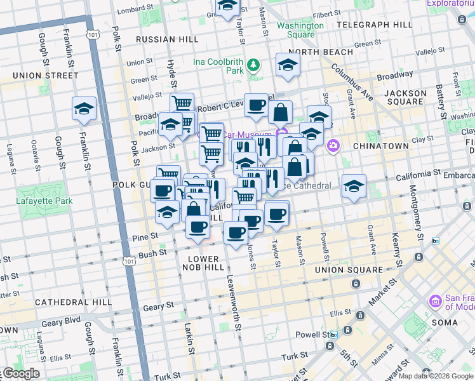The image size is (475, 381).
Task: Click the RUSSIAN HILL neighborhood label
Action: [x=168, y=38]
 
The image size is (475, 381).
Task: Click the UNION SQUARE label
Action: [x=349, y=270]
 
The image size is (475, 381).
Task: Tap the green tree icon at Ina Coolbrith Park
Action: [x=254, y=64]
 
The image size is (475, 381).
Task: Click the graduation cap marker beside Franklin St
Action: [x=84, y=109]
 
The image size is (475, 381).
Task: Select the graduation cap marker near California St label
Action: [x=354, y=186]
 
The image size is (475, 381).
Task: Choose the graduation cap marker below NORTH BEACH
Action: [x=288, y=65]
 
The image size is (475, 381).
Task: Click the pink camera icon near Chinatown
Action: [x=333, y=147]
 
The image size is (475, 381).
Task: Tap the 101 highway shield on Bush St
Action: [x=130, y=261]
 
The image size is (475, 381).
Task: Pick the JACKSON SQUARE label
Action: [x=405, y=97]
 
